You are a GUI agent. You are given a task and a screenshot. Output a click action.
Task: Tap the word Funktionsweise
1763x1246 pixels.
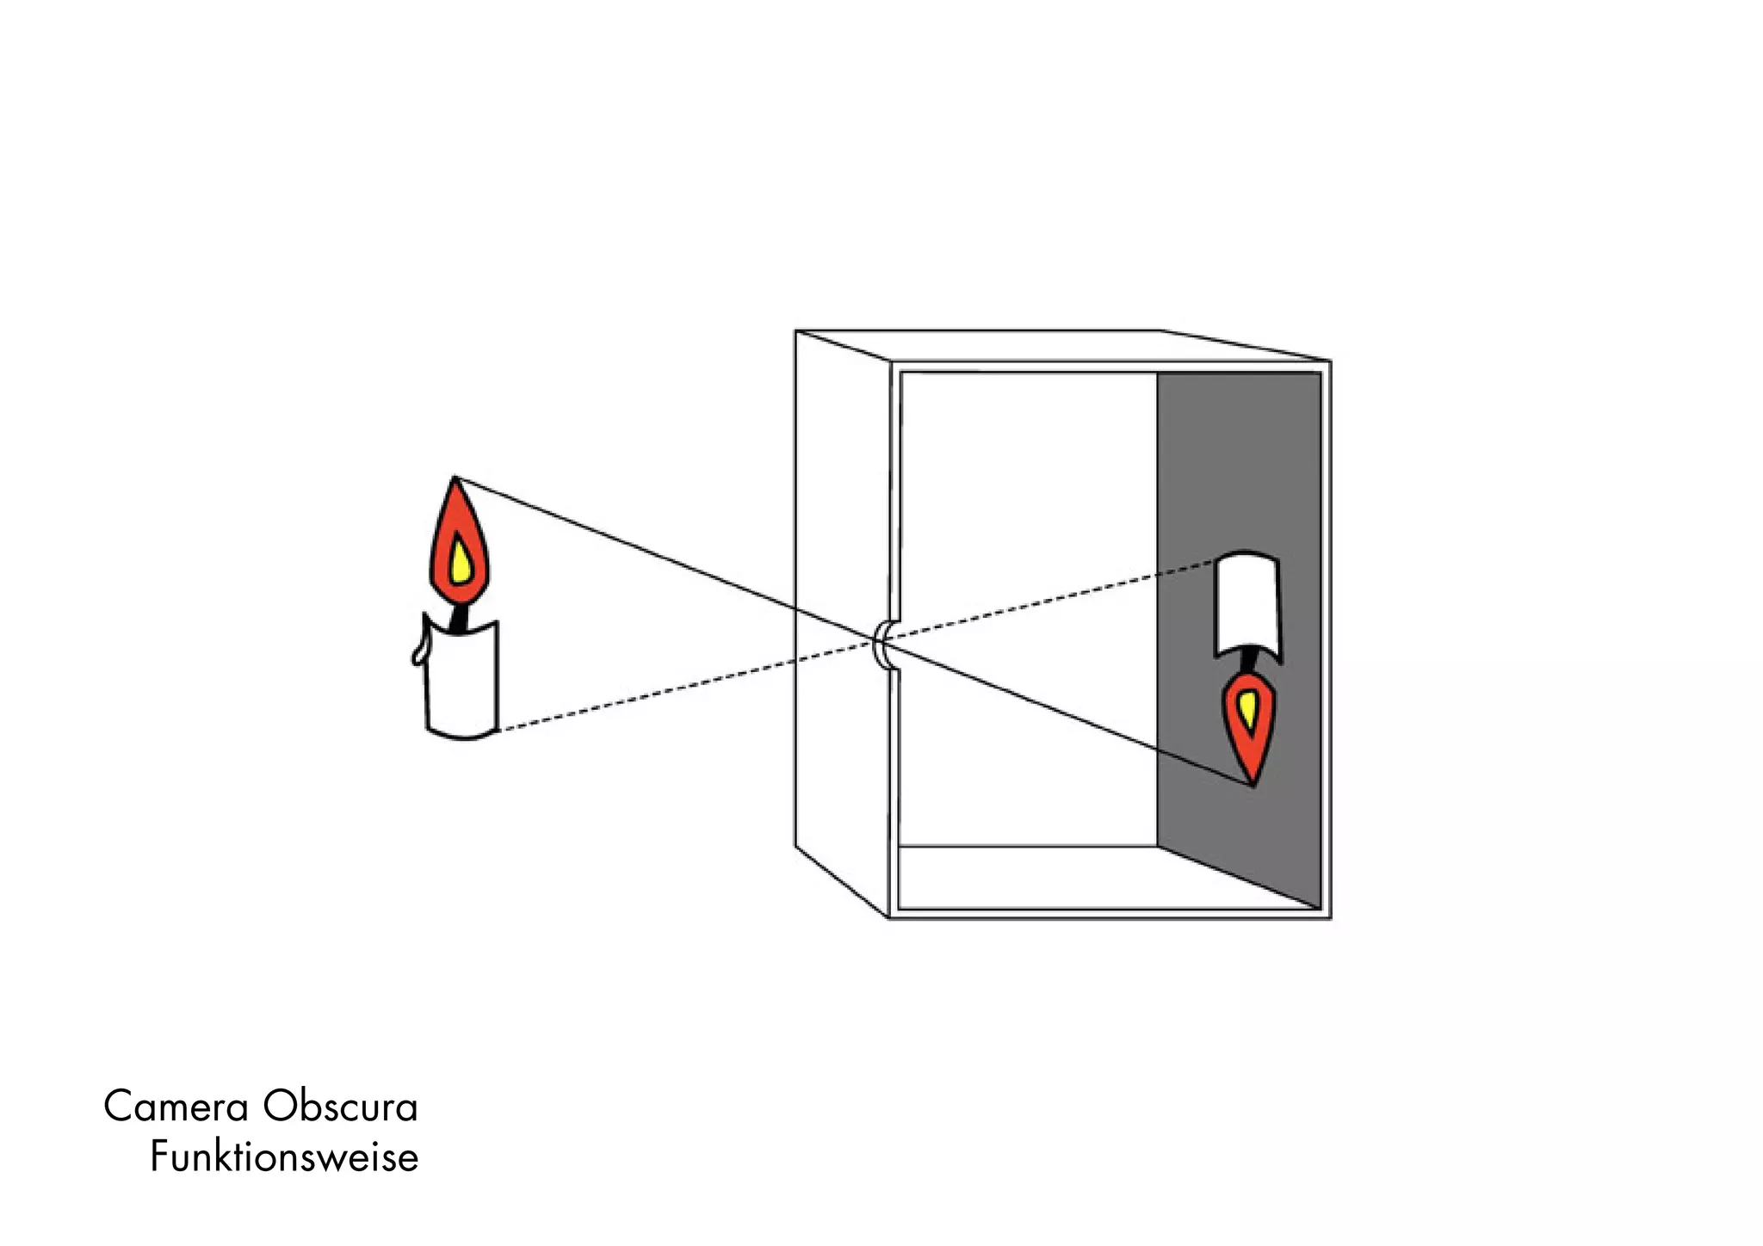[284, 1157]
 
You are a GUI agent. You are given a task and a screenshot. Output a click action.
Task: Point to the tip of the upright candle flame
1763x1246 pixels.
[455, 478]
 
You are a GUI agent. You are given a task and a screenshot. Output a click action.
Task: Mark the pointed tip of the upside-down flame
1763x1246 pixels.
[1253, 784]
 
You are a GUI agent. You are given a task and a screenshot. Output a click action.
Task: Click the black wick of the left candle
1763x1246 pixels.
[461, 618]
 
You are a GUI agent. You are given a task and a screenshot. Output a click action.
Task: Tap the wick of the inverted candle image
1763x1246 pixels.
[1249, 662]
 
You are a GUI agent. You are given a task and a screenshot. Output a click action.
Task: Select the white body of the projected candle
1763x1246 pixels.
[1246, 602]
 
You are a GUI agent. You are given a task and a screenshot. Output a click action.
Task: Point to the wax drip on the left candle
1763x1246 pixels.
[418, 654]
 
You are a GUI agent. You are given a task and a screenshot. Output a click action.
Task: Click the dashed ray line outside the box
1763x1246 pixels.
[671, 689]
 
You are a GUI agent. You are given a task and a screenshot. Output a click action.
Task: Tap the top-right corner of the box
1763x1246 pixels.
[1330, 361]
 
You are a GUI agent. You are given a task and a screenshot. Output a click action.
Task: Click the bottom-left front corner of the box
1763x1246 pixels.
[889, 917]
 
